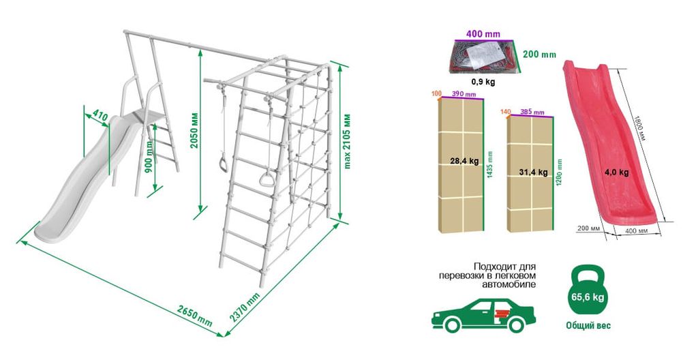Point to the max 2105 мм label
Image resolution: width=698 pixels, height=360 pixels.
348,141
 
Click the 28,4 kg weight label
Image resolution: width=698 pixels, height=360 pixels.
464,161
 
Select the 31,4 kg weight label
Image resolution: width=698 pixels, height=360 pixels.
533,172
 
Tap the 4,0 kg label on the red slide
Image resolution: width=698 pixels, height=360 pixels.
617,172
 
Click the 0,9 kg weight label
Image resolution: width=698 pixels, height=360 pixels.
483,82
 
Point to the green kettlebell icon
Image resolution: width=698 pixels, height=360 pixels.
588,290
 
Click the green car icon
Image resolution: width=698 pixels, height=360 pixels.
483,315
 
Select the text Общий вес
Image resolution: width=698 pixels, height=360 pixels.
588,326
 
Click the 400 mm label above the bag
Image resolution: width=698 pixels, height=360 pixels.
483,34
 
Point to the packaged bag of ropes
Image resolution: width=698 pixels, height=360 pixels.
485,57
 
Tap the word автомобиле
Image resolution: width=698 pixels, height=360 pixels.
509,284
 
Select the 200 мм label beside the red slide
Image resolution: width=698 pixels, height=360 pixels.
588,229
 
